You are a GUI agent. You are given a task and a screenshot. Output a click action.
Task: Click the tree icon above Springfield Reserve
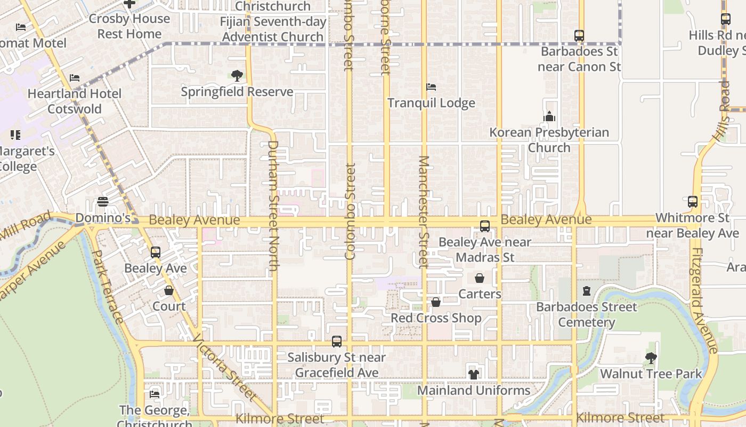click(x=237, y=76)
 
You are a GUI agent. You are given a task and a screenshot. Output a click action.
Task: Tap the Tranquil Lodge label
click(x=431, y=103)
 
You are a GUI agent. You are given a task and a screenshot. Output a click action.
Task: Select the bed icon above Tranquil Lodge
click(x=431, y=87)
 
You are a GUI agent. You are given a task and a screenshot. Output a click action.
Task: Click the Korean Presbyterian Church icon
click(x=549, y=116)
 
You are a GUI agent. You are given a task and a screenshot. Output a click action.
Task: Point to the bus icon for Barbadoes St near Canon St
click(x=579, y=36)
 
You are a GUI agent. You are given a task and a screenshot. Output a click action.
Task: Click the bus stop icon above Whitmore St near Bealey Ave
click(x=693, y=202)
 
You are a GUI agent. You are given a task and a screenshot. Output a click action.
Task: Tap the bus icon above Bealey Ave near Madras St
click(x=485, y=226)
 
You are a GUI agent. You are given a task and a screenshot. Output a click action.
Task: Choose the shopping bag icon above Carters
click(x=480, y=278)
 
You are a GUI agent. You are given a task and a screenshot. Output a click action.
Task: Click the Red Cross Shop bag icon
click(x=436, y=302)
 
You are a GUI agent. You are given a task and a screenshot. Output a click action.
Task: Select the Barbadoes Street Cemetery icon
click(x=587, y=291)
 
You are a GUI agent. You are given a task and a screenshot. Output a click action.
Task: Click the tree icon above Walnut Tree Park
click(x=651, y=358)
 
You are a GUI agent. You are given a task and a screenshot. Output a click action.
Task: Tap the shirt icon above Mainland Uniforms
click(x=473, y=375)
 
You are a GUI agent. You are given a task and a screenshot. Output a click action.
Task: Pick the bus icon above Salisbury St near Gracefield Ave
click(x=337, y=342)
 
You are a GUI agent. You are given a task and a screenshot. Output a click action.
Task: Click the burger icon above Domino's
click(x=103, y=202)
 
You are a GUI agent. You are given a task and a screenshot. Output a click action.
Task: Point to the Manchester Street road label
click(x=424, y=212)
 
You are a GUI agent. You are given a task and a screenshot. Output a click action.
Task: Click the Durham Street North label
click(x=273, y=205)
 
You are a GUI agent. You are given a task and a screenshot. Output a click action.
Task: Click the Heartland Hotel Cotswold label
click(x=75, y=101)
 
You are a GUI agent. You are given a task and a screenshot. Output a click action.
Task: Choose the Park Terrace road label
click(x=108, y=286)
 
